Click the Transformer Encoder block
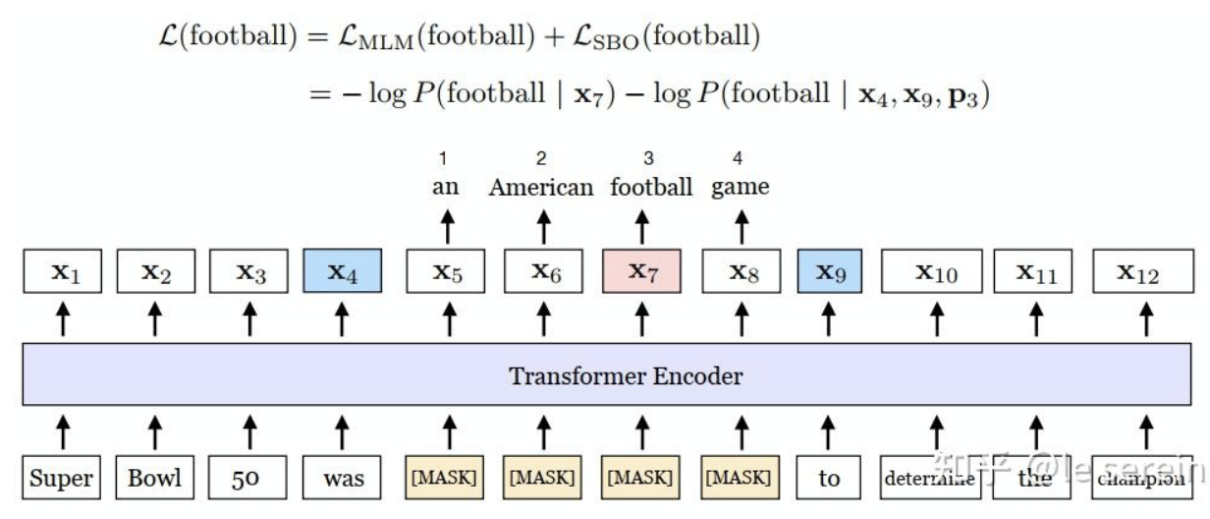pos(626,375)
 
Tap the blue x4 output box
pos(342,272)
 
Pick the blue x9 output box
pos(829,272)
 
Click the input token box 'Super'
pos(61,479)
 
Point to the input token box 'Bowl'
pos(153,479)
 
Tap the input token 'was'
pos(342,479)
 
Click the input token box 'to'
pos(829,479)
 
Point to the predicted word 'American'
pos(541,187)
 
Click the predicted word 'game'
pos(741,187)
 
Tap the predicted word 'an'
pos(447,187)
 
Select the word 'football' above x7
pos(650,187)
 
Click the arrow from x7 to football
pos(643,227)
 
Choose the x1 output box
pos(61,272)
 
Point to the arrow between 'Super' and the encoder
pos(61,429)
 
